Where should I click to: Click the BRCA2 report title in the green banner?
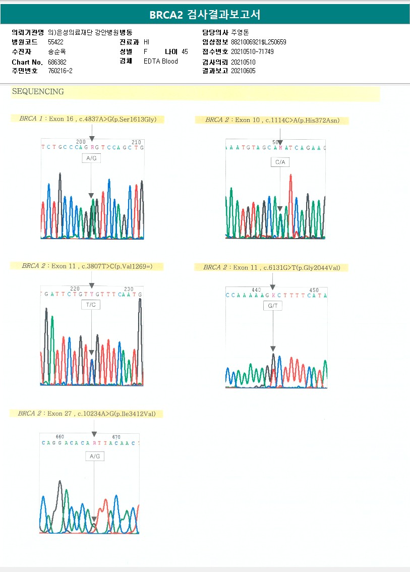[205, 15]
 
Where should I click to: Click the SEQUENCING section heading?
[38, 92]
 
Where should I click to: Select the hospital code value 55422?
[55, 42]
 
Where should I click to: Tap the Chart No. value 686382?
[56, 62]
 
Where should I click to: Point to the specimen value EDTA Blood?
[161, 62]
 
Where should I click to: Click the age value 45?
[185, 51]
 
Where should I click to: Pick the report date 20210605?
[243, 71]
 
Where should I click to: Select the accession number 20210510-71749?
[252, 51]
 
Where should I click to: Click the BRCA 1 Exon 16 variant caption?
[88, 119]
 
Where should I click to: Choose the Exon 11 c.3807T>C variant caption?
[86, 266]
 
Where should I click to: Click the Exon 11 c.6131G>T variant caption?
[271, 267]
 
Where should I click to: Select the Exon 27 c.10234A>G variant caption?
[87, 414]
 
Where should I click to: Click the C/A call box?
[280, 162]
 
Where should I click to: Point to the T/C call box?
[91, 305]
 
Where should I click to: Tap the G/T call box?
[273, 306]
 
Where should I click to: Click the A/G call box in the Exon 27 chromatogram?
[94, 456]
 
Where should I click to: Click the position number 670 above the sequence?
[116, 437]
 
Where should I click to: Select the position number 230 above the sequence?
[129, 289]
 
